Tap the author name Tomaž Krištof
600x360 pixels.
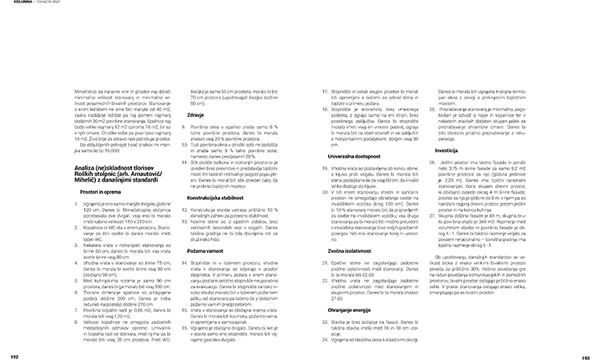(47, 5)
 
